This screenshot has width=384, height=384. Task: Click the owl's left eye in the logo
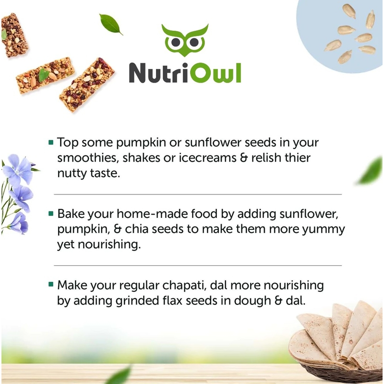176,42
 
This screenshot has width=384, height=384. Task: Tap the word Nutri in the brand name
159,73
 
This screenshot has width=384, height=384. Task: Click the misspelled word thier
298,157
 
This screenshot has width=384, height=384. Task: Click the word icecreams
208,157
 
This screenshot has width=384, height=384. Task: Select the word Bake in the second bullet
71,214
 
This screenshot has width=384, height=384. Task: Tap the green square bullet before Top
51,142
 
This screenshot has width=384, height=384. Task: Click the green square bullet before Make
51,284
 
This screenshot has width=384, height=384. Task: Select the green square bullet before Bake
51,214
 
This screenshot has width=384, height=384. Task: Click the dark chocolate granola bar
14,35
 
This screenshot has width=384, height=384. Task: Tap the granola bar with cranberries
87,84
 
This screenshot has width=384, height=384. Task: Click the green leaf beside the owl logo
111,24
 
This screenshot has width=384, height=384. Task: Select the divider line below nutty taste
198,194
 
